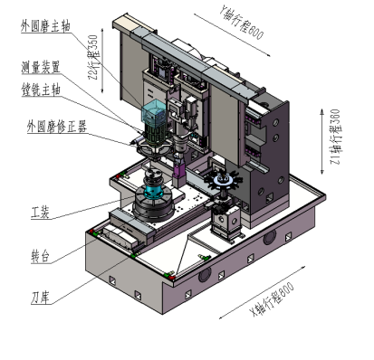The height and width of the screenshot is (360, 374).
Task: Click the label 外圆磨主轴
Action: coord(45,26)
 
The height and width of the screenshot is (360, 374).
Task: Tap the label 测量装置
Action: coord(41,67)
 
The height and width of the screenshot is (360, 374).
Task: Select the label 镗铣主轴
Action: coord(41,90)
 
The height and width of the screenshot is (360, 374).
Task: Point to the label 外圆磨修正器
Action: coord(57,127)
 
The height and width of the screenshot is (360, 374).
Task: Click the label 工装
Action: coord(40,213)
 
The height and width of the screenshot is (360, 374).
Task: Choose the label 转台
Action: coord(40,257)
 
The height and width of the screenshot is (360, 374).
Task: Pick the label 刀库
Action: coord(40,298)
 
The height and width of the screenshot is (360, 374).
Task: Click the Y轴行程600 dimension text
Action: coord(241,23)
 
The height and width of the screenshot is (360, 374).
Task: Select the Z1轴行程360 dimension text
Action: coord(335,137)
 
